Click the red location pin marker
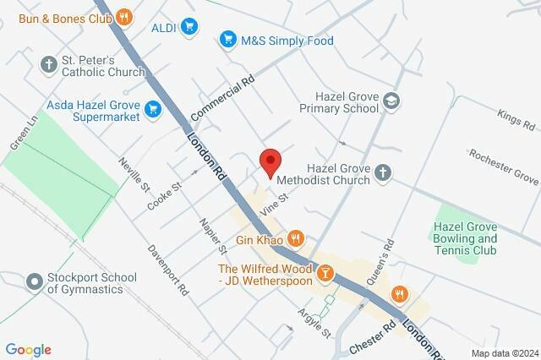click(270, 161)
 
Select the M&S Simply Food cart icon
click(227, 40)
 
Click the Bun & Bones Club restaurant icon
click(124, 16)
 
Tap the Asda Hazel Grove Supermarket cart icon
click(153, 107)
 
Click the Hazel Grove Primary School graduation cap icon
click(392, 101)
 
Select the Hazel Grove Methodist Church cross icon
click(382, 174)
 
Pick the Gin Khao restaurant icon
click(295, 238)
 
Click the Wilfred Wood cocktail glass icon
click(324, 273)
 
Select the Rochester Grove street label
click(505, 167)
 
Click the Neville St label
click(134, 175)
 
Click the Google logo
click(28, 350)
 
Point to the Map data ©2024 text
click(504, 353)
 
